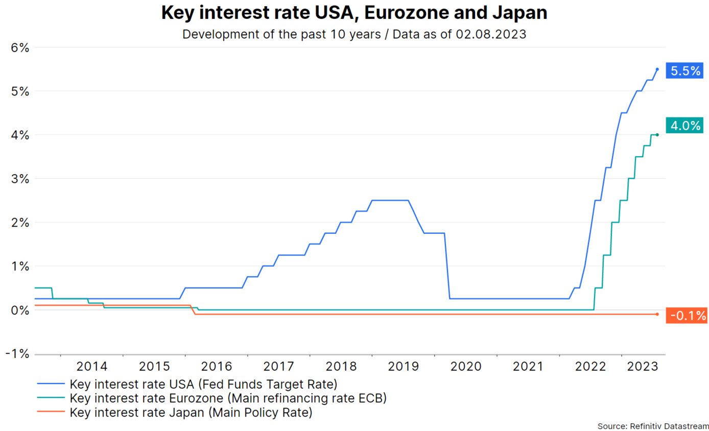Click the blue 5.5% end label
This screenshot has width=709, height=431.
[686, 71]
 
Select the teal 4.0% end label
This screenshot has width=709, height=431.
[686, 126]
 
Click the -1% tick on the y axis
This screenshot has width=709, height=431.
[18, 354]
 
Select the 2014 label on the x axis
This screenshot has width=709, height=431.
[92, 366]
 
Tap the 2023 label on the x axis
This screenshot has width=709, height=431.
[638, 366]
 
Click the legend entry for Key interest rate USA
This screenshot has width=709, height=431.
[203, 384]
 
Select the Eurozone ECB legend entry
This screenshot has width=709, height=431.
[228, 398]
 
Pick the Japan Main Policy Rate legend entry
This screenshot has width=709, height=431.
[191, 412]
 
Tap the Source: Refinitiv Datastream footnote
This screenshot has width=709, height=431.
[652, 425]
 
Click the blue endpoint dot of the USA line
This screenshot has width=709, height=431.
[657, 69]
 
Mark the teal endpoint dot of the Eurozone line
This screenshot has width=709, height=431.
[657, 135]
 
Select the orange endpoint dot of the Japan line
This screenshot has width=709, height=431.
[657, 314]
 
